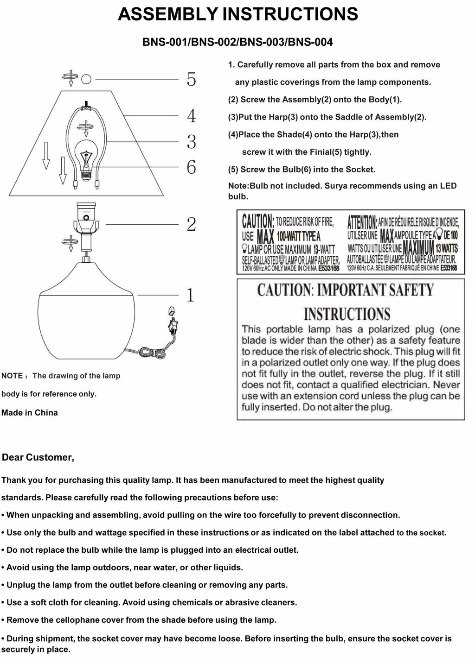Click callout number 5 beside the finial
pyautogui.click(x=191, y=80)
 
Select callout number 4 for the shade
pyautogui.click(x=191, y=115)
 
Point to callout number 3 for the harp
pyautogui.click(x=191, y=142)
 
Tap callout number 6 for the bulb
pyautogui.click(x=191, y=167)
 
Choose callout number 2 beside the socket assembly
pyautogui.click(x=191, y=224)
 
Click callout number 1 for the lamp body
pyautogui.click(x=190, y=295)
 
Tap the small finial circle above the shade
pyautogui.click(x=86, y=79)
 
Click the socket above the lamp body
pyautogui.click(x=86, y=218)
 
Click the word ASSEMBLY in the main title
pyautogui.click(x=168, y=14)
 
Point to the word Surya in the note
pyautogui.click(x=336, y=186)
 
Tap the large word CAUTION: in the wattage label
pyautogui.click(x=258, y=221)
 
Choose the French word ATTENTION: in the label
pyautogui.click(x=362, y=221)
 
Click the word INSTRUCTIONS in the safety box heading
pyautogui.click(x=347, y=314)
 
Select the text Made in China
pyautogui.click(x=30, y=412)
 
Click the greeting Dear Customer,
pyautogui.click(x=38, y=457)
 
